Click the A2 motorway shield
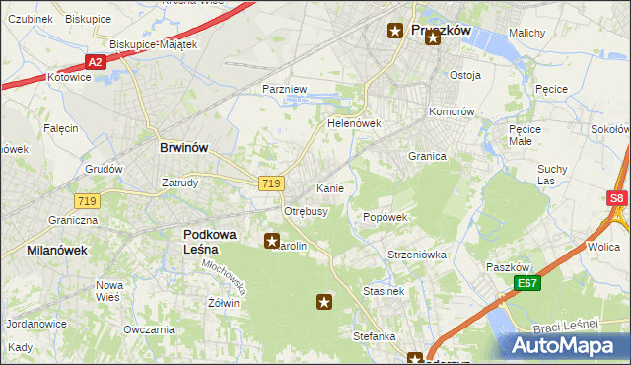click(x=95, y=61)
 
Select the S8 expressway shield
click(x=616, y=198)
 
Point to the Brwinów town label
click(x=183, y=147)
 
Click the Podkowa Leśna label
click(x=215, y=241)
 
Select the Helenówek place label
click(x=354, y=124)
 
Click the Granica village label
click(x=428, y=156)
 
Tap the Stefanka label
click(x=375, y=336)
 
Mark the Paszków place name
click(x=509, y=267)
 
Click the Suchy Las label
click(x=552, y=175)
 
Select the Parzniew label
click(x=285, y=89)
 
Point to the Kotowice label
click(x=69, y=76)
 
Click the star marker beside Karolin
click(x=271, y=240)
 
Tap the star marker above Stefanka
click(x=323, y=302)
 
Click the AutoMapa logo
click(x=568, y=346)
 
